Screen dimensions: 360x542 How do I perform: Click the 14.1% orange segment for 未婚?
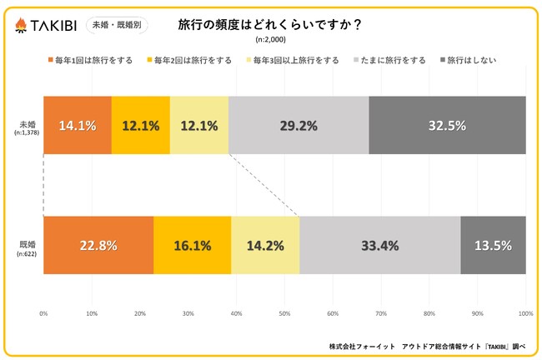tap(78, 125)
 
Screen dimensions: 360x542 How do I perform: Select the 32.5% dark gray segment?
tap(447, 125)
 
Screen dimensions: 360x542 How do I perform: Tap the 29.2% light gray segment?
tap(298, 125)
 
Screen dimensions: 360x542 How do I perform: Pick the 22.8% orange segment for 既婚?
tap(98, 245)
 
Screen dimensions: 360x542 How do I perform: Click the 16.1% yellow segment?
tap(193, 245)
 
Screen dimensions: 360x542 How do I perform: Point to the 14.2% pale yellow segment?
tap(265, 245)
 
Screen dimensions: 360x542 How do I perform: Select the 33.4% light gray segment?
tap(379, 245)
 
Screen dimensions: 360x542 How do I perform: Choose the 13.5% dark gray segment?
tap(493, 245)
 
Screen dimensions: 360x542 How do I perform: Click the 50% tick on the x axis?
tap(284, 313)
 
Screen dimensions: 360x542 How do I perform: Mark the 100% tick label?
tap(524, 313)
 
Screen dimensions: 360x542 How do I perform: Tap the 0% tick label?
tap(43, 313)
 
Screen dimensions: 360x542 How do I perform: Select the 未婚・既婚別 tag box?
tap(117, 25)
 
